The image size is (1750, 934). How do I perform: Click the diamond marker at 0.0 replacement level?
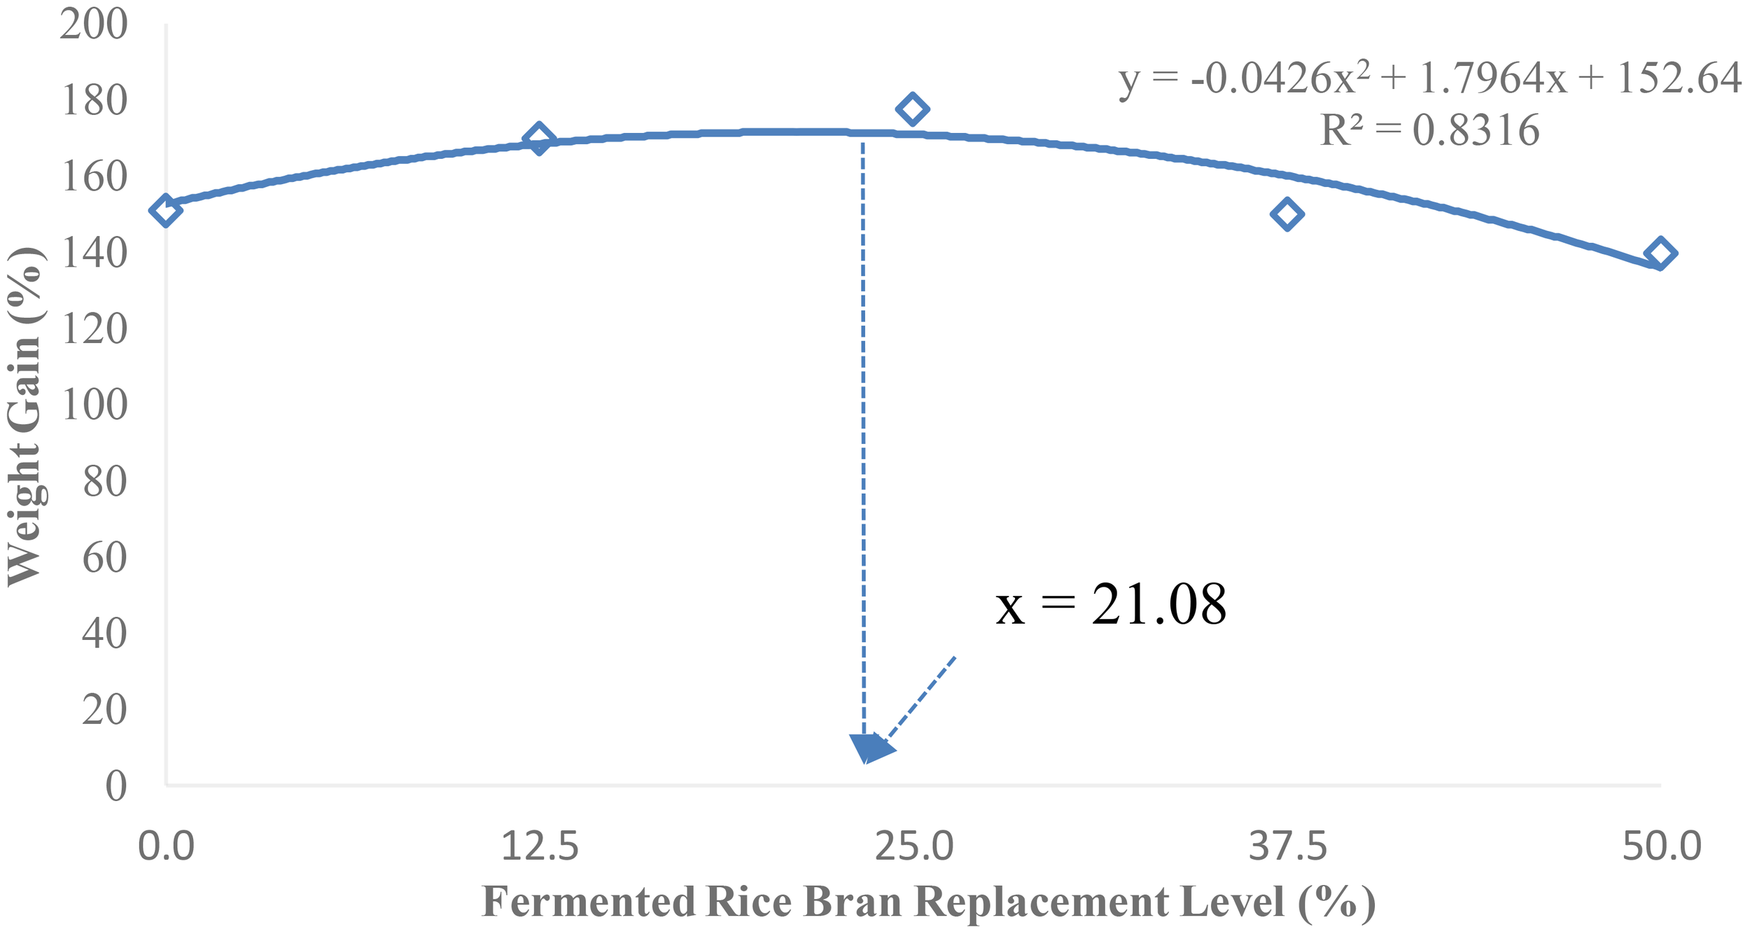click(x=165, y=211)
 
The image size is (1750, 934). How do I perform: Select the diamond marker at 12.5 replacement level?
click(x=539, y=139)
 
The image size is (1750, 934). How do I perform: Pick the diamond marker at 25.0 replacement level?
click(x=912, y=109)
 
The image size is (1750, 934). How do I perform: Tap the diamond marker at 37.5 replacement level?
click(x=1287, y=214)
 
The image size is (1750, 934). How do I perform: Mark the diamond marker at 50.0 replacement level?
click(x=1660, y=253)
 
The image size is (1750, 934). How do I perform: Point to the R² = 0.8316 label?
click(x=1429, y=131)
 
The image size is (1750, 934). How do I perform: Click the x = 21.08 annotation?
click(x=1111, y=604)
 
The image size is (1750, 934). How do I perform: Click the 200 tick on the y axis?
click(x=94, y=25)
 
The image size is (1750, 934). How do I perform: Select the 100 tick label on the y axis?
click(x=94, y=405)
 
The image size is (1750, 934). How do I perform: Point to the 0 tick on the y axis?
click(x=115, y=786)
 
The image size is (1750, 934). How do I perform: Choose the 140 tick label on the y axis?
click(x=94, y=253)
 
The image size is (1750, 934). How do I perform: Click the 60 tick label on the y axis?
click(x=104, y=557)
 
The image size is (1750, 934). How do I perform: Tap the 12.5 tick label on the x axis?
click(x=540, y=846)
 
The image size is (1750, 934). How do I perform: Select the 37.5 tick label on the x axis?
click(x=1288, y=846)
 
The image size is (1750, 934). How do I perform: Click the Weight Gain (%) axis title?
click(x=26, y=416)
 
